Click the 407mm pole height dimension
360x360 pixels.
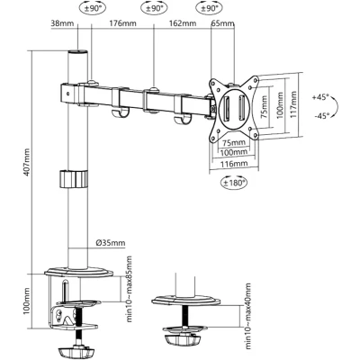[27, 162]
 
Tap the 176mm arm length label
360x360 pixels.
[122, 23]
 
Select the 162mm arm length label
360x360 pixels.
[183, 23]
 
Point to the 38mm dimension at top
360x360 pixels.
[62, 23]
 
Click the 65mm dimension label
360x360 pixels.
[222, 23]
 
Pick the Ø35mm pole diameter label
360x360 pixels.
[111, 243]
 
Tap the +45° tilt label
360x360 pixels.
[320, 97]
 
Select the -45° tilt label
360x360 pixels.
[321, 115]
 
